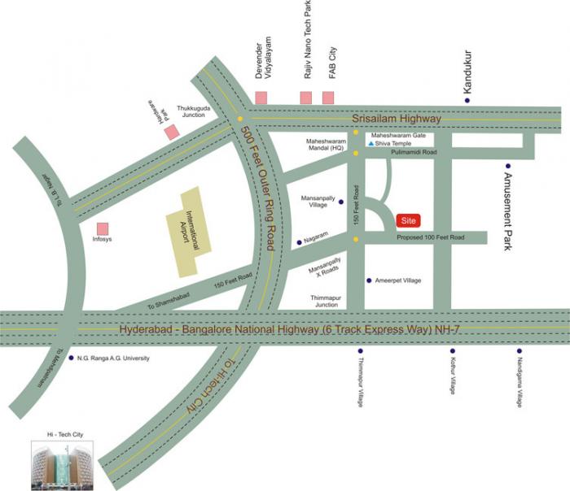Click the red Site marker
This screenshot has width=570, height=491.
click(410, 220)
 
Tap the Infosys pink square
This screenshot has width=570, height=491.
click(103, 228)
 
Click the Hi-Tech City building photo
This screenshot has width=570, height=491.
click(63, 465)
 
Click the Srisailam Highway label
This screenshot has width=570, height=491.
click(396, 119)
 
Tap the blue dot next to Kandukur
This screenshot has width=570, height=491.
click(467, 100)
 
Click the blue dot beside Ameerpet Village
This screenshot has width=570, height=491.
click(369, 280)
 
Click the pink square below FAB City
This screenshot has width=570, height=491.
click(328, 98)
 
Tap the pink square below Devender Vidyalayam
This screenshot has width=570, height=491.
click(261, 98)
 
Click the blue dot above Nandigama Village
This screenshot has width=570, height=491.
click(519, 351)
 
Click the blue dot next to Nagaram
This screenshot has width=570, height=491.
click(299, 241)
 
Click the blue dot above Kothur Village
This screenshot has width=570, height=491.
click(453, 351)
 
